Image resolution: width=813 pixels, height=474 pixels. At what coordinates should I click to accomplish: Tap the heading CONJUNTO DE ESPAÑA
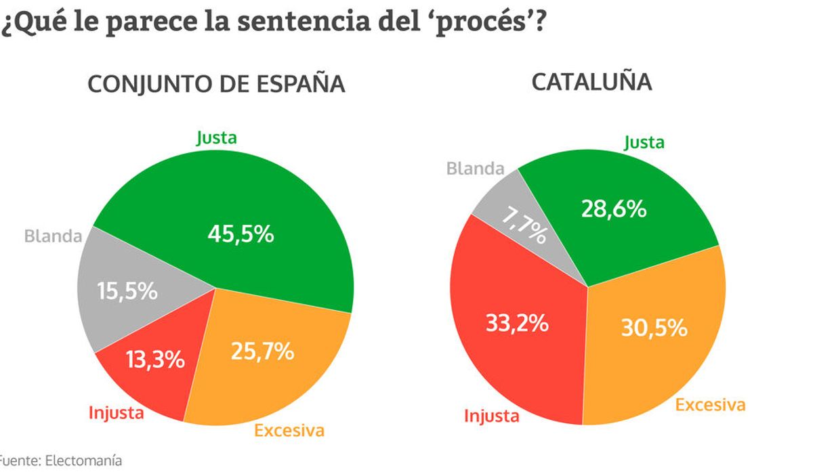coord(217,85)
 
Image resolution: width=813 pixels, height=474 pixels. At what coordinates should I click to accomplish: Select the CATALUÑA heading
coord(591,82)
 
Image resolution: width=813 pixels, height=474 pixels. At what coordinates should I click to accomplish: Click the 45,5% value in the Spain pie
coord(241,234)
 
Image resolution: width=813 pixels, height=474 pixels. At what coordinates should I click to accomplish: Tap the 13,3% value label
coord(155,360)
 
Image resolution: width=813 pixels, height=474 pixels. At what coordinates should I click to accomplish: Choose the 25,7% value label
coord(262,351)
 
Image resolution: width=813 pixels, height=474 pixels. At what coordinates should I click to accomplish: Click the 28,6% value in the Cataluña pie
coord(614,209)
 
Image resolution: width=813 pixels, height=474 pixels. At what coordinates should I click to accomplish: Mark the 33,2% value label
coord(517,323)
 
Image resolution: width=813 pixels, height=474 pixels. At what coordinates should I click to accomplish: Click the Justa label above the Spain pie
coord(217,138)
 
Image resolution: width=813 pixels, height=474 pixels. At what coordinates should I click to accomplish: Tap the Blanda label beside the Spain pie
coord(53,236)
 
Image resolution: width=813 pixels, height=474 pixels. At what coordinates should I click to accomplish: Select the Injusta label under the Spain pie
coord(117,412)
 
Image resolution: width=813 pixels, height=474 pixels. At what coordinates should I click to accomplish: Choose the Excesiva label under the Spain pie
coord(289,430)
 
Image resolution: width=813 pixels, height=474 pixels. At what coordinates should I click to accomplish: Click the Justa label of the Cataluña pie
coord(644,143)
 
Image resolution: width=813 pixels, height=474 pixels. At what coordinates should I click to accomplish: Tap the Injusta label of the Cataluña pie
coord(492,416)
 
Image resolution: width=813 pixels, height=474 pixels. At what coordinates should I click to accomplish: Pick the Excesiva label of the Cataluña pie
coord(711,405)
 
